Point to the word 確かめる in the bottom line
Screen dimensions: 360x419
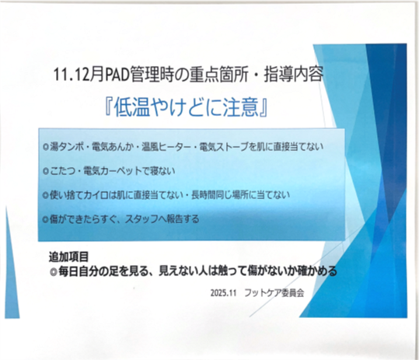pos(319,271)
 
